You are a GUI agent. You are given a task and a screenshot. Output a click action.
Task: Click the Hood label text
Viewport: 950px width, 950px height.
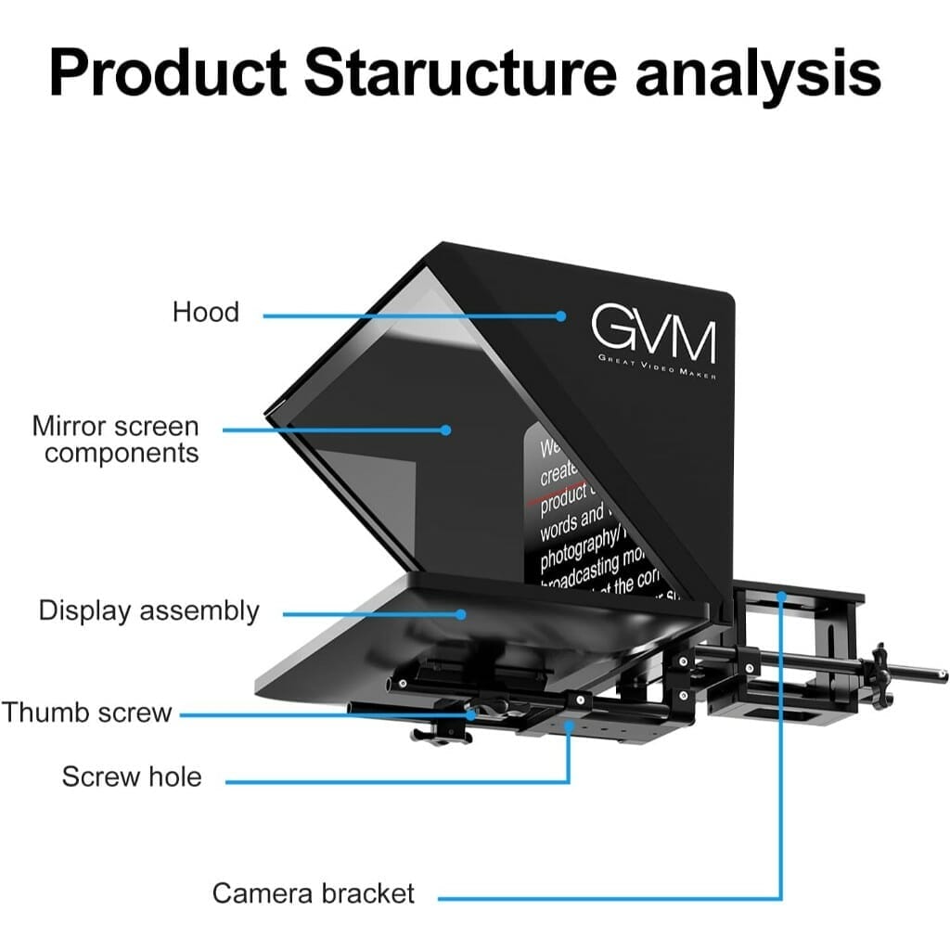pyautogui.click(x=206, y=312)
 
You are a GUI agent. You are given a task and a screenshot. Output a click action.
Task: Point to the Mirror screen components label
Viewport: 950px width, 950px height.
pyautogui.click(x=116, y=440)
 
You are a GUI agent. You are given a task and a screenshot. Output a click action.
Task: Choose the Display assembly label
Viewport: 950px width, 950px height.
pyautogui.click(x=149, y=611)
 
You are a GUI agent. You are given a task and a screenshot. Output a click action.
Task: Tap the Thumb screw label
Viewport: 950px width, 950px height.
pyautogui.click(x=87, y=712)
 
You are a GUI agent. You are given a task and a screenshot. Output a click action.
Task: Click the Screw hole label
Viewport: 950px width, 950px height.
pyautogui.click(x=132, y=776)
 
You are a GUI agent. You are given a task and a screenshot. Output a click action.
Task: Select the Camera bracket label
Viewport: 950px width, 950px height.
pyautogui.click(x=314, y=893)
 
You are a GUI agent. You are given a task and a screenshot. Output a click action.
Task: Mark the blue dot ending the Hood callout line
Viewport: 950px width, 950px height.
pyautogui.click(x=561, y=315)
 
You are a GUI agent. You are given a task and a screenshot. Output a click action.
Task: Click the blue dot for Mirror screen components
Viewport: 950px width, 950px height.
pyautogui.click(x=446, y=430)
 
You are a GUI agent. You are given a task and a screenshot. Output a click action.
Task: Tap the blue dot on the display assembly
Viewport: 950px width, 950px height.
pyautogui.click(x=460, y=613)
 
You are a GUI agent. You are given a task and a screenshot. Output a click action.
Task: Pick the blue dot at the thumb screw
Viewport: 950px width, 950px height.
pyautogui.click(x=471, y=714)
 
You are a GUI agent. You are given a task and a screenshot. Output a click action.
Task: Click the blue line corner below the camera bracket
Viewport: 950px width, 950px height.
pyautogui.click(x=781, y=897)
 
